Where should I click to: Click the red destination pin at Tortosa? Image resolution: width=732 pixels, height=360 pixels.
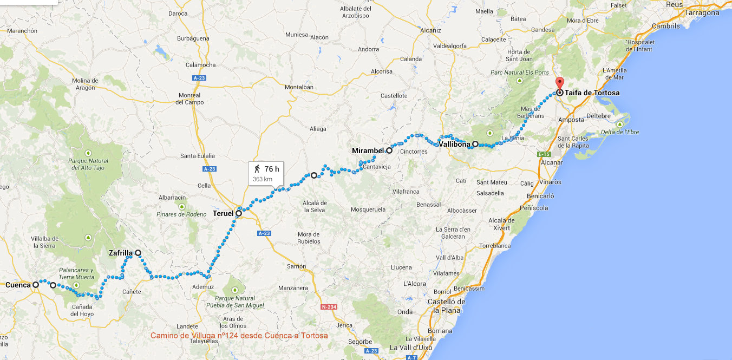(x=559, y=84)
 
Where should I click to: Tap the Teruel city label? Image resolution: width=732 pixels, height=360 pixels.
(x=223, y=213)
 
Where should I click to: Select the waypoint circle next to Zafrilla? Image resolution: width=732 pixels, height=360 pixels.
(x=138, y=253)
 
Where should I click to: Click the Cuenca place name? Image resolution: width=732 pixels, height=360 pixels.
(x=18, y=284)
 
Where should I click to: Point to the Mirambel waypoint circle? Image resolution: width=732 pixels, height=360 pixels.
(x=389, y=150)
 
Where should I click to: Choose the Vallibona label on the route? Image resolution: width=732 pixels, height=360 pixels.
(x=454, y=145)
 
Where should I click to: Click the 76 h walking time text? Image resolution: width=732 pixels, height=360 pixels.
(x=271, y=169)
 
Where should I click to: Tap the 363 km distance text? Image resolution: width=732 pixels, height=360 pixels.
(x=262, y=179)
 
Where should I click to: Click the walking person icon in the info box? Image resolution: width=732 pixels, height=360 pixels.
(x=257, y=169)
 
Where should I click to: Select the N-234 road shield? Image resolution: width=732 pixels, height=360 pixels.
(x=329, y=307)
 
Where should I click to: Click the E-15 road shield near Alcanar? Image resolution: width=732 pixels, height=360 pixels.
(x=544, y=154)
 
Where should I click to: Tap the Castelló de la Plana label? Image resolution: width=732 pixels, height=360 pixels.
(x=447, y=306)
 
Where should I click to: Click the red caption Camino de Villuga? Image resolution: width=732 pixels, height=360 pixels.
(x=239, y=336)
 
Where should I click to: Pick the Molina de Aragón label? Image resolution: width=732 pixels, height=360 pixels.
(x=85, y=84)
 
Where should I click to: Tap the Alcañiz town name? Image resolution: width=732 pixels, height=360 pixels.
(x=431, y=30)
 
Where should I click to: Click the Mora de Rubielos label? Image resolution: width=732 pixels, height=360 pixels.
(x=309, y=238)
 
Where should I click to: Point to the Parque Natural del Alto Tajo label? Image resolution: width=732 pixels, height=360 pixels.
(x=88, y=164)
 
